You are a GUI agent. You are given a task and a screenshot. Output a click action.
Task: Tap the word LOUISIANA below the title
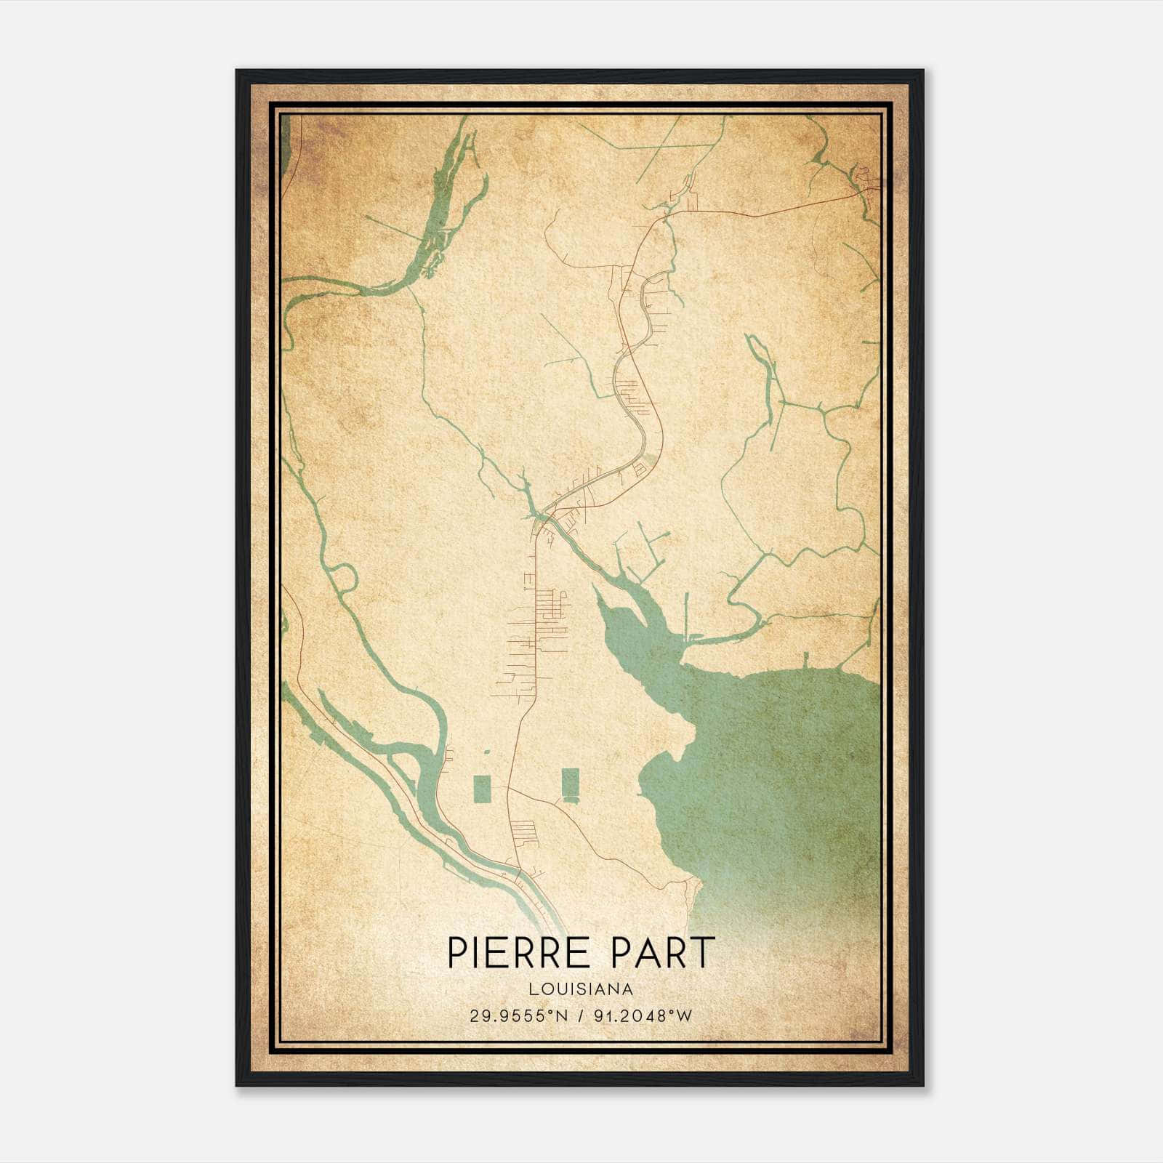581,989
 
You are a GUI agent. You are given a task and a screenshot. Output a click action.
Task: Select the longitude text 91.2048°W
644,1015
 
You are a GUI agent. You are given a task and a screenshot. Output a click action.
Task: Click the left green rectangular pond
480,789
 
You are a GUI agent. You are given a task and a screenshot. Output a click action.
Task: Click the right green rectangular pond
570,782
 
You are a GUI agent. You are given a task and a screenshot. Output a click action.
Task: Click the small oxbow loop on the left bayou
346,578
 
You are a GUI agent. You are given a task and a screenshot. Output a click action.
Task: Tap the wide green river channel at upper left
447,196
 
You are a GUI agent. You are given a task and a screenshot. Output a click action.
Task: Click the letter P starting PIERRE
456,952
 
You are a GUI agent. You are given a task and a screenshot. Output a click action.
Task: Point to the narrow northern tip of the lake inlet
598,592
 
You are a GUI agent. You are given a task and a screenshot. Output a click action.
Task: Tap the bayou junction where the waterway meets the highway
539,518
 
